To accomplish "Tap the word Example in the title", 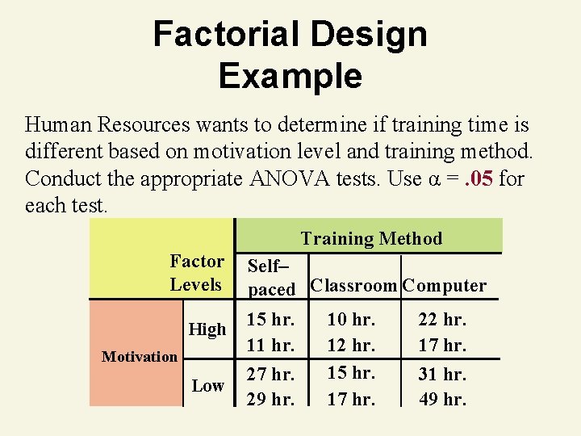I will pyautogui.click(x=290, y=77).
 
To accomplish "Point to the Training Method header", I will pyautogui.click(x=371, y=238).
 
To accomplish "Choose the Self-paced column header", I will pyautogui.click(x=271, y=277).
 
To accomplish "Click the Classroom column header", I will pyautogui.click(x=353, y=285).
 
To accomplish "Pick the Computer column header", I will pyautogui.click(x=445, y=285).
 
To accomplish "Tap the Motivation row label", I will pyautogui.click(x=140, y=356).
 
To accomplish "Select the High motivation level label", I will pyautogui.click(x=207, y=329).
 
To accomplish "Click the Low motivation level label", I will pyautogui.click(x=207, y=386).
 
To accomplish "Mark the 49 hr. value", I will pyautogui.click(x=442, y=399).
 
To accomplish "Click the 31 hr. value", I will pyautogui.click(x=442, y=375).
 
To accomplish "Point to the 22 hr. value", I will pyautogui.click(x=442, y=320).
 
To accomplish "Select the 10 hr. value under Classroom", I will pyautogui.click(x=350, y=320).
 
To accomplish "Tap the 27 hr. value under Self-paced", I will pyautogui.click(x=270, y=375).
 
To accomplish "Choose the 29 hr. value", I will pyautogui.click(x=270, y=399).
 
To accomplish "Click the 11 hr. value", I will pyautogui.click(x=270, y=345).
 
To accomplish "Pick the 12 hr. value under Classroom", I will pyautogui.click(x=350, y=345).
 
